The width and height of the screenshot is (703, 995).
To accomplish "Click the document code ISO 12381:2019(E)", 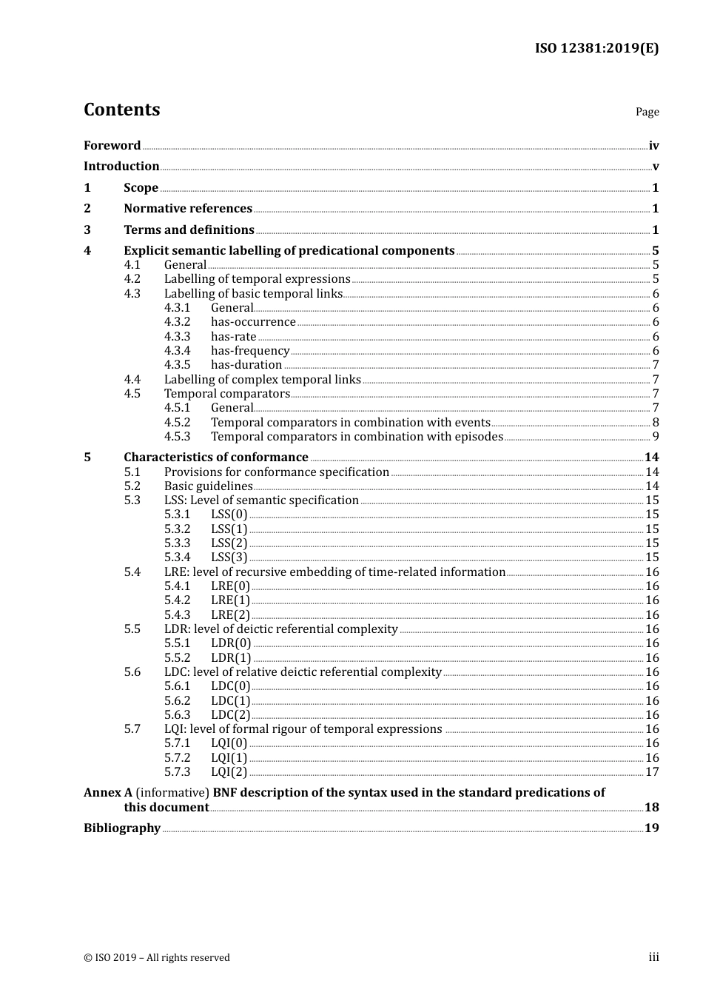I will point(596,49).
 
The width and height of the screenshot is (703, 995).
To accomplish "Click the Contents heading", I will point(121,110).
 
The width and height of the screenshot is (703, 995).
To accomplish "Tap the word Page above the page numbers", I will point(647,112).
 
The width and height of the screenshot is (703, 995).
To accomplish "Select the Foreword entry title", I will point(112,146).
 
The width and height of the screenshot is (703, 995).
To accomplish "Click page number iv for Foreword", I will point(653,146).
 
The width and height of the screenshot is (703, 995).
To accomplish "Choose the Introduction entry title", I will point(121,167).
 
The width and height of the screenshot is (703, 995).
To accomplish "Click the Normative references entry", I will point(188,209).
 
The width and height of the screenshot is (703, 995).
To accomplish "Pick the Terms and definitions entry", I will point(189,230).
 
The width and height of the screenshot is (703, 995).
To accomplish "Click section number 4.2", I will point(132,279).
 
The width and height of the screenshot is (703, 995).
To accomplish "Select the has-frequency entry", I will point(250,351).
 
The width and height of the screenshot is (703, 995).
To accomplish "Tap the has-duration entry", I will point(246,365).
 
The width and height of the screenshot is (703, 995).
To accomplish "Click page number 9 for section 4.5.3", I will point(655,437).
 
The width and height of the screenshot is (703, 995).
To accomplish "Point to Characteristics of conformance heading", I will point(215,458).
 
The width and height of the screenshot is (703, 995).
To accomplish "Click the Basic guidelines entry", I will point(208,486).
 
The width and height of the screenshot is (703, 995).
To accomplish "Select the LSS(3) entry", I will point(229,557).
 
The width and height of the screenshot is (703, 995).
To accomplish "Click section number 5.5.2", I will point(177,658).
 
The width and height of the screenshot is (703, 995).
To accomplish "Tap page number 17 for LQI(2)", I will point(652,772).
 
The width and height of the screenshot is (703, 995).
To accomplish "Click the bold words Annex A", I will point(108,793).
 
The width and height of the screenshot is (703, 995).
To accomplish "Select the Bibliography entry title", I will point(122,828).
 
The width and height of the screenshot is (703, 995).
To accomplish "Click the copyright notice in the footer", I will point(157,958).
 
